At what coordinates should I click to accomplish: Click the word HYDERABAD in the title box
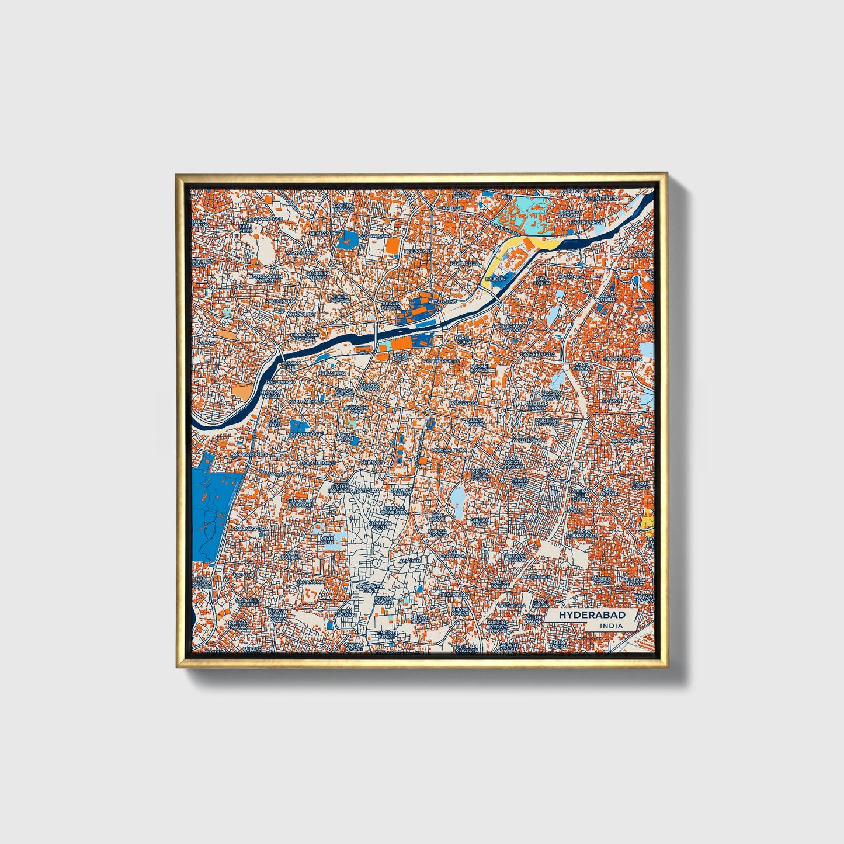click(x=592, y=615)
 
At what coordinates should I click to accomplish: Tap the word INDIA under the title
click(x=610, y=626)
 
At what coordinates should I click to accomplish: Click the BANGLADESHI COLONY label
click(x=266, y=277)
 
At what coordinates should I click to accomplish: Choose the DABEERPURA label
click(x=538, y=354)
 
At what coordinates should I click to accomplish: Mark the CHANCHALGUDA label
click(x=622, y=358)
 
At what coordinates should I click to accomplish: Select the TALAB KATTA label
click(x=519, y=482)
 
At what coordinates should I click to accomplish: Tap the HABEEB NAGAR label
click(x=601, y=581)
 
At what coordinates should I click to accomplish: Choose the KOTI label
click(x=506, y=197)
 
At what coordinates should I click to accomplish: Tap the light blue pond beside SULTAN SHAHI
click(x=457, y=498)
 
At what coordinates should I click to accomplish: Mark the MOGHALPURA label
click(x=449, y=450)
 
